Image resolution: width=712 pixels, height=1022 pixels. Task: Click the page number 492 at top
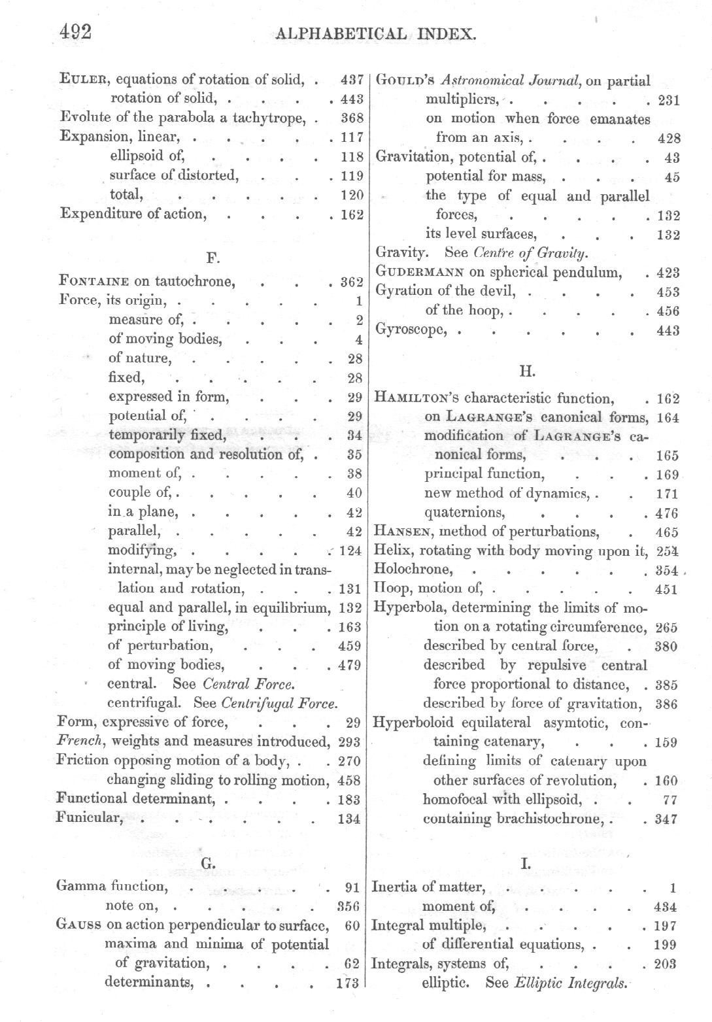click(x=75, y=31)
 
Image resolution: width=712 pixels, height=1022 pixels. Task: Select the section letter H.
click(x=527, y=371)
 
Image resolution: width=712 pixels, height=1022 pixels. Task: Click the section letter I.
click(x=525, y=864)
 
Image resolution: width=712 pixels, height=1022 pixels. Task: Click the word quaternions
click(x=464, y=513)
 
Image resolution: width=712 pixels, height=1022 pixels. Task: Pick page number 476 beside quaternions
click(x=666, y=513)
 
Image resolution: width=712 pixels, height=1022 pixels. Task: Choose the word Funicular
click(x=90, y=817)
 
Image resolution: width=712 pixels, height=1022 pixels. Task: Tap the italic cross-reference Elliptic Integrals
click(x=570, y=983)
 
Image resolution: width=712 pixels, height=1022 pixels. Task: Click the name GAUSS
click(x=78, y=925)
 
